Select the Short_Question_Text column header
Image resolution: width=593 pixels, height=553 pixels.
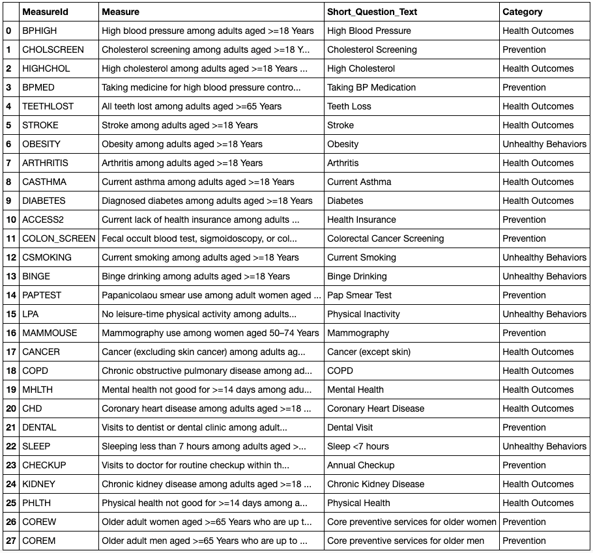point(372,12)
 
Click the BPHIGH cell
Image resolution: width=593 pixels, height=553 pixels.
point(40,31)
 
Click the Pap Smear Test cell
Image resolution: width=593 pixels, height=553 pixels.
point(360,295)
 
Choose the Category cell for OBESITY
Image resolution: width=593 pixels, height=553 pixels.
point(544,144)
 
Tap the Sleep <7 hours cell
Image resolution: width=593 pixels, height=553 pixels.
point(358,446)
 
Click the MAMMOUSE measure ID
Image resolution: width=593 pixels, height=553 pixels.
point(50,333)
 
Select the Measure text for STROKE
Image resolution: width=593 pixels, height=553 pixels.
point(180,125)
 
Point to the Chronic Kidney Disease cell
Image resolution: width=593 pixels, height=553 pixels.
point(375,484)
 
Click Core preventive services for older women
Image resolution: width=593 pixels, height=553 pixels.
point(412,522)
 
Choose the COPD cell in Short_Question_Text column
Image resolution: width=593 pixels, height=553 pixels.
point(340,371)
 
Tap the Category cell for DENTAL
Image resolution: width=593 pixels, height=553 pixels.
point(524,427)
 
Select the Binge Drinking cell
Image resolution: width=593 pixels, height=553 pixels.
point(357,276)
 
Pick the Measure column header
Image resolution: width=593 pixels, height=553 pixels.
point(121,12)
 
